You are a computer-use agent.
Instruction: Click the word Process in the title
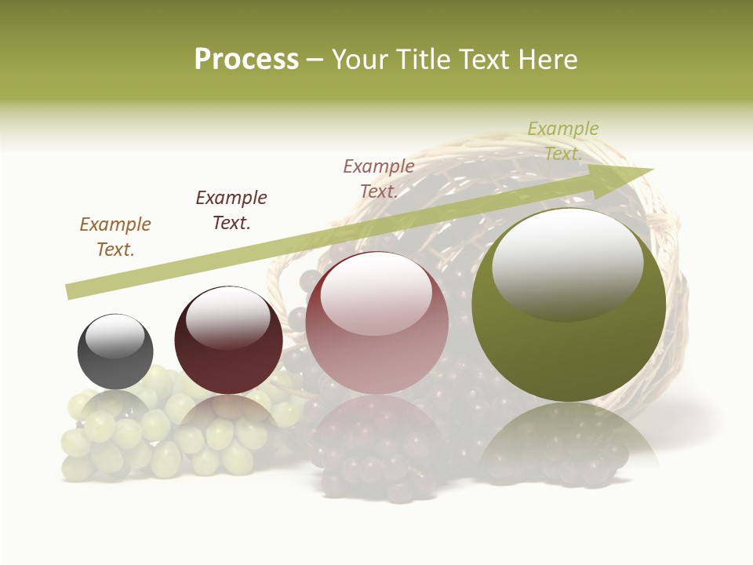[246, 60]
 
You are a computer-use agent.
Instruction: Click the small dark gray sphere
[115, 352]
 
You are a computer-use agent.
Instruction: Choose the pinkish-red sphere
[376, 323]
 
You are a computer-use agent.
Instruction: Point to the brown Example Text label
[115, 236]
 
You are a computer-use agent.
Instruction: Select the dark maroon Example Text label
[231, 210]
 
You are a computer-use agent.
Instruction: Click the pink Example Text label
[379, 178]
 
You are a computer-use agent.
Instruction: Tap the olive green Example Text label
[563, 140]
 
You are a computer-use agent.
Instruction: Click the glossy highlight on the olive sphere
[567, 263]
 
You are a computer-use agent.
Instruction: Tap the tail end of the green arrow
[72, 291]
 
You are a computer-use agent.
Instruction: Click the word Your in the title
[359, 60]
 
